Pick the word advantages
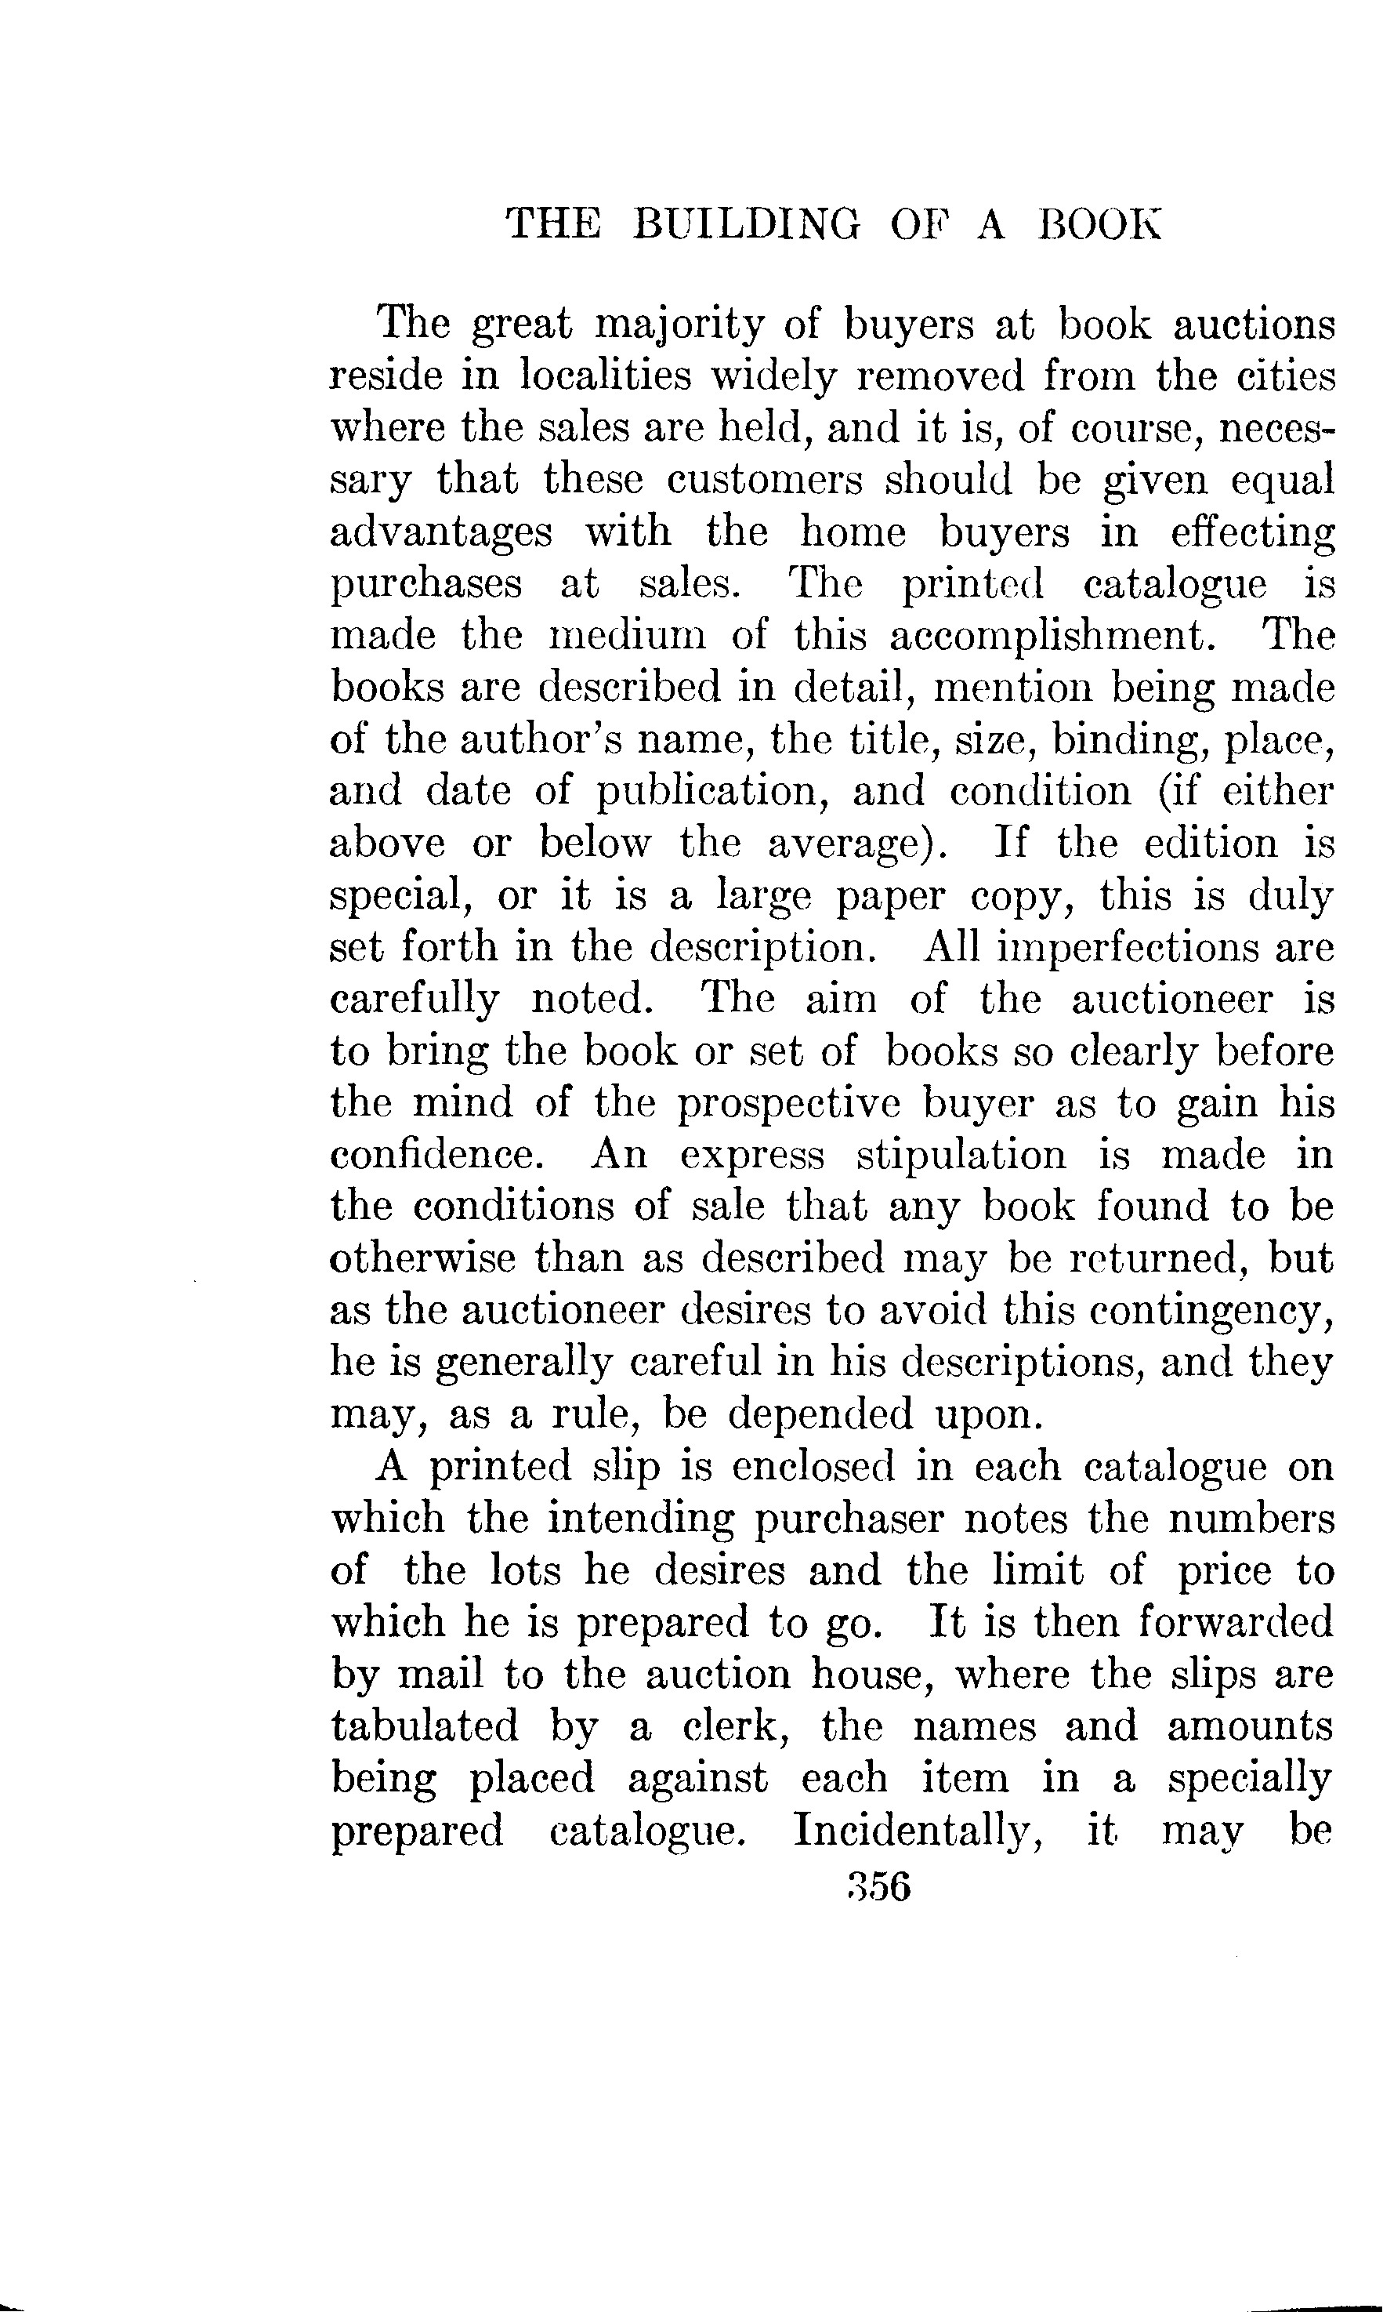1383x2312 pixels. point(441,533)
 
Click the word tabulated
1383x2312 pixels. point(425,1726)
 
